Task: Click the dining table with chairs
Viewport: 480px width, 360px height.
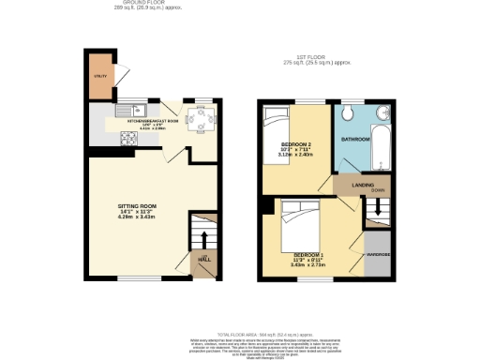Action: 200,119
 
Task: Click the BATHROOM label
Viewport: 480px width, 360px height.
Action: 355,139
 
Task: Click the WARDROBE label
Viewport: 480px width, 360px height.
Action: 378,251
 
